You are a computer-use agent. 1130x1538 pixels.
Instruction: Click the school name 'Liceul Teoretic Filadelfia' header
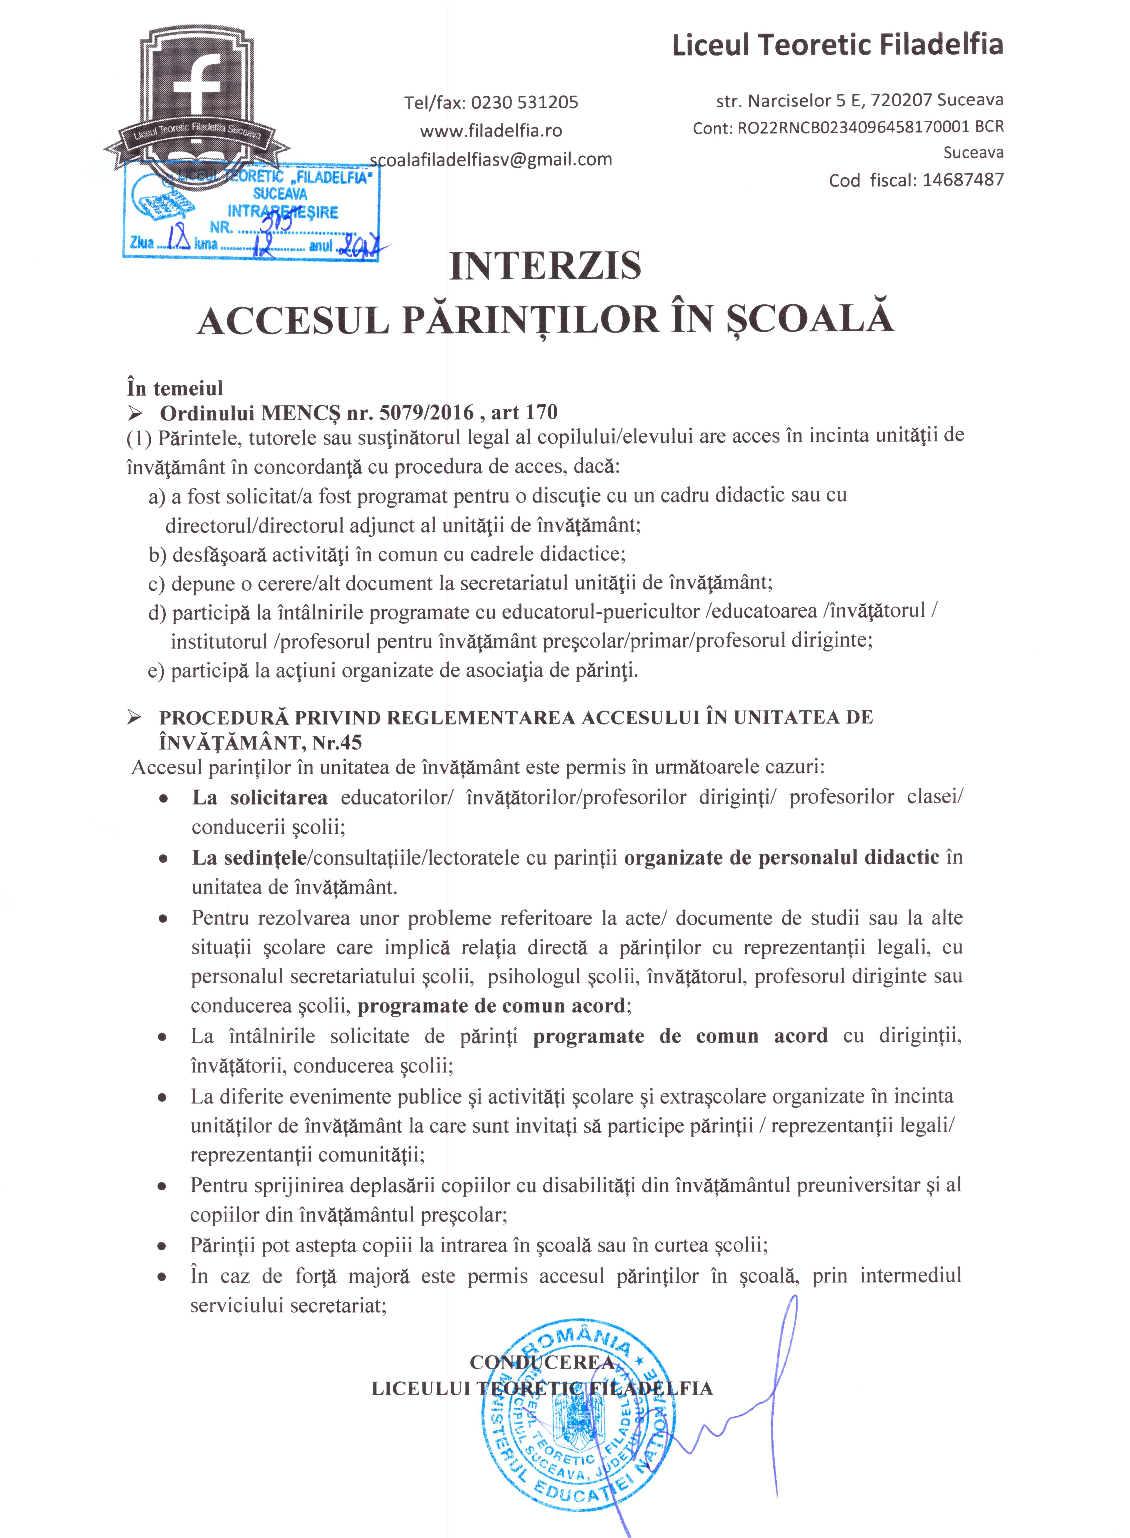(x=837, y=45)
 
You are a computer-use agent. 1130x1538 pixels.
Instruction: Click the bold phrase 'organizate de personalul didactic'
(x=781, y=858)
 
